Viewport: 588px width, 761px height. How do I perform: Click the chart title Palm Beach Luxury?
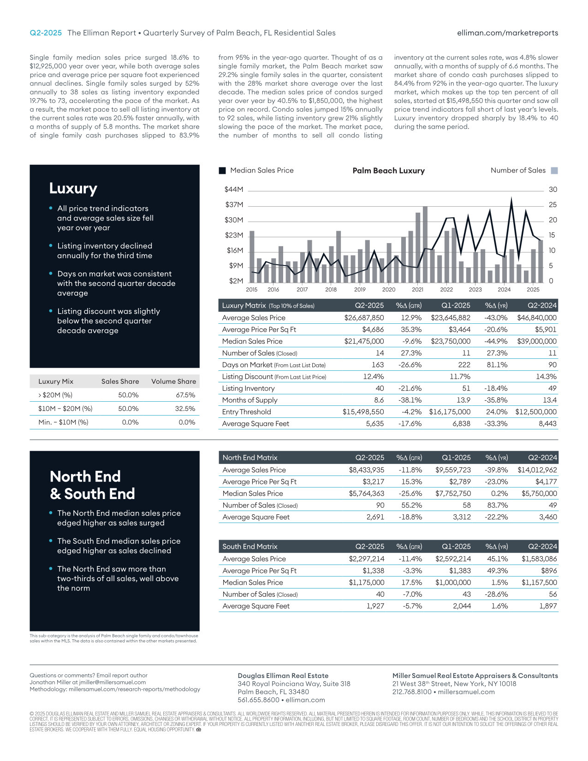tap(388, 171)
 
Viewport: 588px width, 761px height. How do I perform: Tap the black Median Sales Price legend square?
tap(222, 171)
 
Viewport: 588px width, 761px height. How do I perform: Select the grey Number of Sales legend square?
tap(554, 171)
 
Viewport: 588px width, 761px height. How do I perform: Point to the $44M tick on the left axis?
tap(234, 190)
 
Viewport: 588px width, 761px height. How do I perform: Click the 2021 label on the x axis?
tap(417, 290)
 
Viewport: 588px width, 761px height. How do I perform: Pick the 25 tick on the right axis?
tap(552, 205)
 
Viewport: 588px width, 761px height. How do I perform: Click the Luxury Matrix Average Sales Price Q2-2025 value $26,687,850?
tap(364, 318)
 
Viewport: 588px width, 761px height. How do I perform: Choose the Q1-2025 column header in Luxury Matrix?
tap(456, 305)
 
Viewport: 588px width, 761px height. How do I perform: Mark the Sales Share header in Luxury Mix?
tap(120, 381)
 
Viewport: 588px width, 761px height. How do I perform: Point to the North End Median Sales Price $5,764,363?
tap(366, 493)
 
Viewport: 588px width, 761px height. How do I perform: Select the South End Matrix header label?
tap(250, 547)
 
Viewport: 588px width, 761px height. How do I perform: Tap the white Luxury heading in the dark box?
tap(73, 189)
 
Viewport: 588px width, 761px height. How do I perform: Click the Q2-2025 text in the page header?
tap(46, 33)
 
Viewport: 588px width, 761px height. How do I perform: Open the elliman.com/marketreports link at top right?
tap(507, 33)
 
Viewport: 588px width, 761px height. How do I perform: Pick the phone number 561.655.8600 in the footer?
tap(258, 700)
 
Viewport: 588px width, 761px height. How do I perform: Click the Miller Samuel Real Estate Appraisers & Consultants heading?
tap(475, 676)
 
